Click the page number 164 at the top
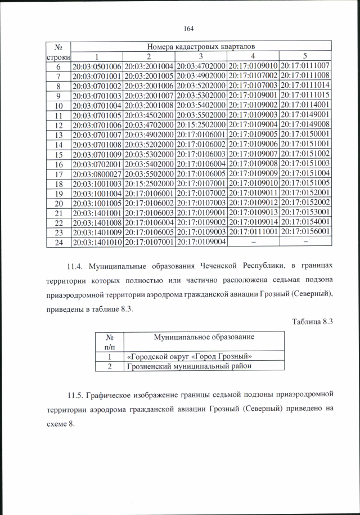(x=188, y=29)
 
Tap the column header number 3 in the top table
(x=200, y=56)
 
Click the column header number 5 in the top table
(x=304, y=56)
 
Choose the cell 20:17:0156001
(x=304, y=231)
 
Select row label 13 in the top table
(x=57, y=135)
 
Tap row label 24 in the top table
(x=57, y=241)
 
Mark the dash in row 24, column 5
(x=304, y=241)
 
